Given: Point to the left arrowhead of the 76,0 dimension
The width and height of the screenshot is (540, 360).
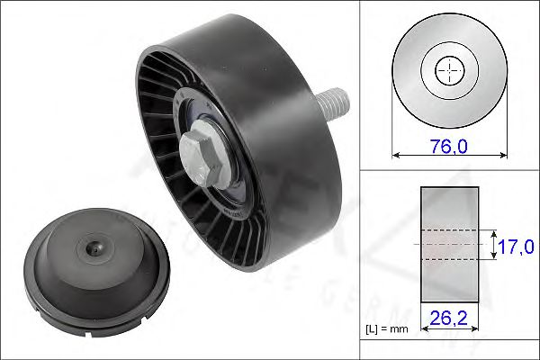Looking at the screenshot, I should click(x=396, y=154).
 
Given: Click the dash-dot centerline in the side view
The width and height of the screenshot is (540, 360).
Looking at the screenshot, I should click(x=449, y=244).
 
